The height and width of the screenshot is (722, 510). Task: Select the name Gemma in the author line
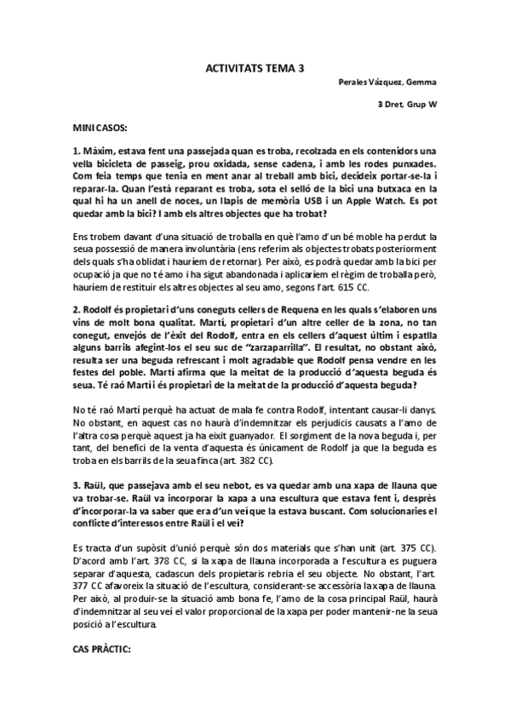pyautogui.click(x=421, y=83)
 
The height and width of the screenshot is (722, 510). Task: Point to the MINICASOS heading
pyautogui.click(x=100, y=127)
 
